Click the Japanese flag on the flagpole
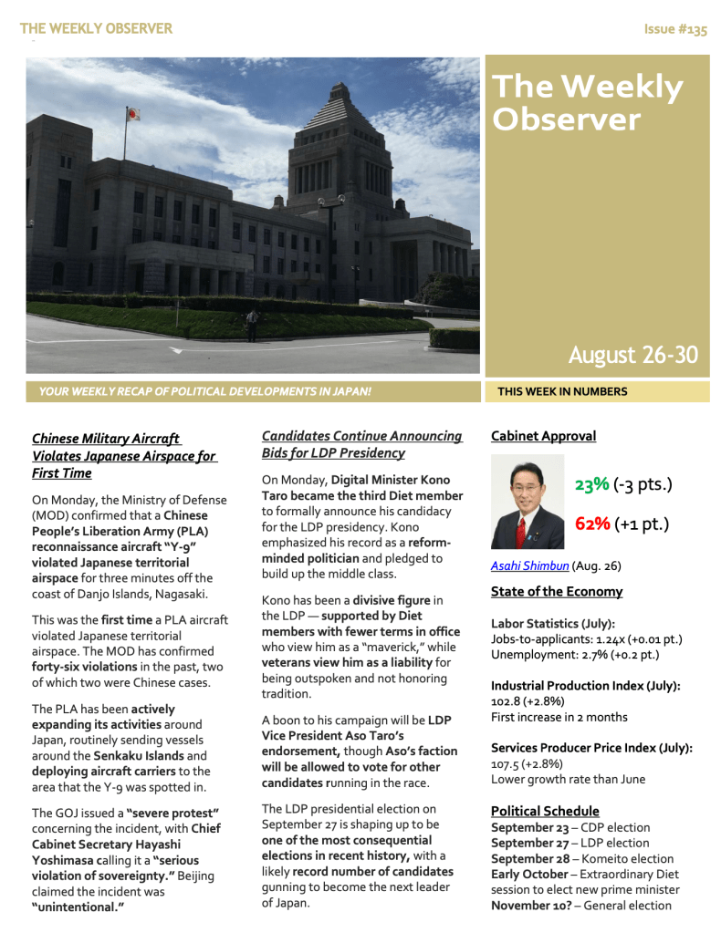132,114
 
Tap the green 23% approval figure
591,484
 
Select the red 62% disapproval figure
591,524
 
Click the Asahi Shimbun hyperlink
529,565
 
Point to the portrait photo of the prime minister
528,503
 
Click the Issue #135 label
675,29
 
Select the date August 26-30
633,355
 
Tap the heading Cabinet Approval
543,436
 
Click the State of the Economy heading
557,591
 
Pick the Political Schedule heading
545,811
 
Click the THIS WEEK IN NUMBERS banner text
562,392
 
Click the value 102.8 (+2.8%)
527,701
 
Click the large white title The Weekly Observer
587,103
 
